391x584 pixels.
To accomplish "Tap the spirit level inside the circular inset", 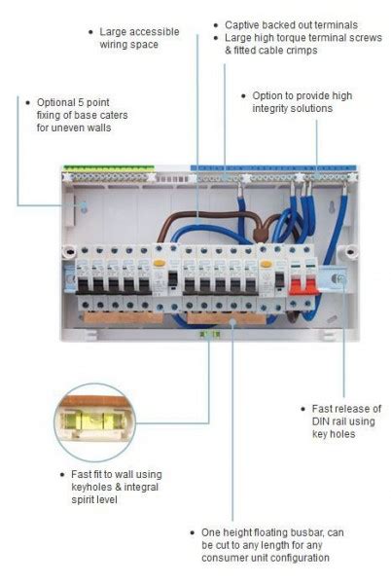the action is (94, 422).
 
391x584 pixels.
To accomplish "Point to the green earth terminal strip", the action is (109, 168).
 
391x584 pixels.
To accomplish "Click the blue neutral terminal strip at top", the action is (273, 168).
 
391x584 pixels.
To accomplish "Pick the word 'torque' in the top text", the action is (290, 38).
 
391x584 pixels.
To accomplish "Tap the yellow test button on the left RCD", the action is (159, 264).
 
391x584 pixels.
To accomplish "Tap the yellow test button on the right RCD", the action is (266, 265).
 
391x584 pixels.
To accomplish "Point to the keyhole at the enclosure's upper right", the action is (332, 207).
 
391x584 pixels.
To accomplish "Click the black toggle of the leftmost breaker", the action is (83, 285).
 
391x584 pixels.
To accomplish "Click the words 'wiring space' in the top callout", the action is (128, 45).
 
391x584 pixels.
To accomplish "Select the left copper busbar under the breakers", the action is (124, 317).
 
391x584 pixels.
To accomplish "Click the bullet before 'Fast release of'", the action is (302, 409).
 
